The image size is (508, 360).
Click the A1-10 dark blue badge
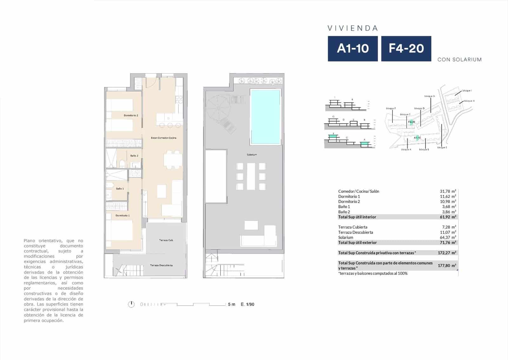click(x=353, y=49)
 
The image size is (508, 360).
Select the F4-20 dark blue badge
click(x=406, y=49)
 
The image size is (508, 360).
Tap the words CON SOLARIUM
click(x=459, y=59)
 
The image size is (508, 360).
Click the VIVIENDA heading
click(x=353, y=28)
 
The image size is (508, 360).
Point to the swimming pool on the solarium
click(x=265, y=117)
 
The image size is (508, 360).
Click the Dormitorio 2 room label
click(x=131, y=115)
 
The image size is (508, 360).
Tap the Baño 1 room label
click(x=120, y=189)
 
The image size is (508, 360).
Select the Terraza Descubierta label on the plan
click(x=161, y=265)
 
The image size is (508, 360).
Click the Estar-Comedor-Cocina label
click(x=164, y=138)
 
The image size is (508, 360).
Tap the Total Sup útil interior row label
click(x=357, y=217)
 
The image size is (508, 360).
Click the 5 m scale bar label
click(x=231, y=304)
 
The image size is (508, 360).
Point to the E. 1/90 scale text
click(x=247, y=304)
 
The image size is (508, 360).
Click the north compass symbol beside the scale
click(x=131, y=304)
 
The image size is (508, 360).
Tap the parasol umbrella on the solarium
click(x=219, y=108)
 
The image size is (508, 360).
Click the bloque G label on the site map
click(x=429, y=96)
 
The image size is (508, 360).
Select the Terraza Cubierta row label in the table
click(x=352, y=227)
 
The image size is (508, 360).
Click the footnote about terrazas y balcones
click(x=373, y=273)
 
